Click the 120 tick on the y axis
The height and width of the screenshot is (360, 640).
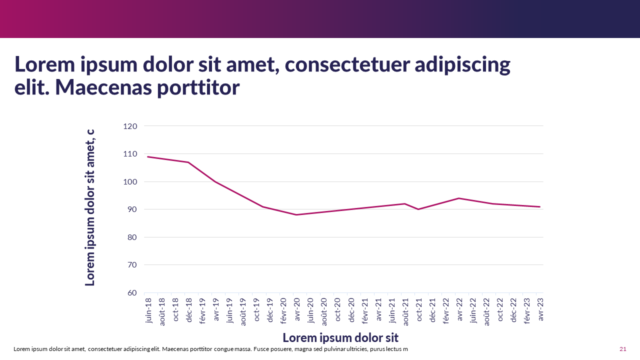tap(130, 126)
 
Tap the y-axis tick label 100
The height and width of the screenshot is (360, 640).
tap(130, 181)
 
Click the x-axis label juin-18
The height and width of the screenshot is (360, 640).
tap(148, 310)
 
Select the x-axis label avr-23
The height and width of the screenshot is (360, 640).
tap(540, 310)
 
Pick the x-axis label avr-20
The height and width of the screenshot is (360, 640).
tap(297, 310)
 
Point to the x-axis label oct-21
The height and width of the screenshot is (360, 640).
tap(418, 310)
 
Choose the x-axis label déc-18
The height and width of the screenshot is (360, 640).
tap(189, 310)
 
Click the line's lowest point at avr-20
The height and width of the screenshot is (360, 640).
tap(296, 215)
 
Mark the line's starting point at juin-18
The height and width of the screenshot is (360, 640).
tap(148, 156)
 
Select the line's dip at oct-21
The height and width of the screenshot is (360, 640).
tap(418, 209)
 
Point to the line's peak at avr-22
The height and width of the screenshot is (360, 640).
tap(458, 198)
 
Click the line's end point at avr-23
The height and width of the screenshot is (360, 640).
tap(540, 206)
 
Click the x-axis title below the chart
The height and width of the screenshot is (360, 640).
tap(340, 337)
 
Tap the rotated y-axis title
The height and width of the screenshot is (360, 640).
tap(90, 207)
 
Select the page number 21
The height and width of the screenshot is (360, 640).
tap(623, 349)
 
